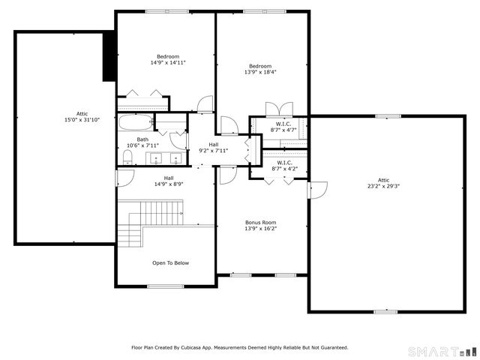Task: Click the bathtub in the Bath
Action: (x=136, y=123)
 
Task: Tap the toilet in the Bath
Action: (x=127, y=157)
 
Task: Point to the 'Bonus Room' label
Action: (x=260, y=223)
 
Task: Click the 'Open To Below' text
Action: (x=170, y=263)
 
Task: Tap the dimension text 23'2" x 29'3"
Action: (x=383, y=186)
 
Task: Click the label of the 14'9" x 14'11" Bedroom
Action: (x=167, y=63)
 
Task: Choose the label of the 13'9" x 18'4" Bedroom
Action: (x=260, y=72)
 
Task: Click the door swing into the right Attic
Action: (x=317, y=190)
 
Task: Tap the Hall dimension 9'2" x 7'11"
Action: (x=213, y=150)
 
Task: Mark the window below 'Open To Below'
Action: (x=165, y=286)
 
